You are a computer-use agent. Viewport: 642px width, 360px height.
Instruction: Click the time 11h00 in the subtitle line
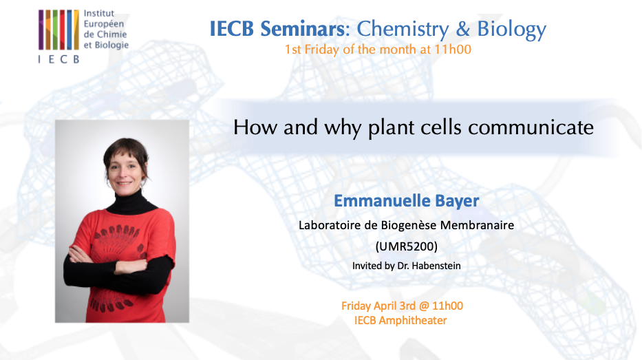pyautogui.click(x=455, y=50)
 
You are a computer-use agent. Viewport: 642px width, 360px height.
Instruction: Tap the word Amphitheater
pyautogui.click(x=415, y=320)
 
